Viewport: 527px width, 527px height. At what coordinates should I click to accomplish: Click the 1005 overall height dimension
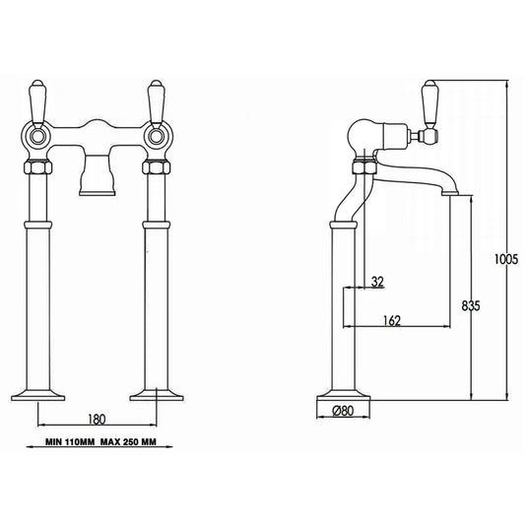pyautogui.click(x=505, y=260)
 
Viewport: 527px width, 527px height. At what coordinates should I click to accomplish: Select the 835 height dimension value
pyautogui.click(x=470, y=306)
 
